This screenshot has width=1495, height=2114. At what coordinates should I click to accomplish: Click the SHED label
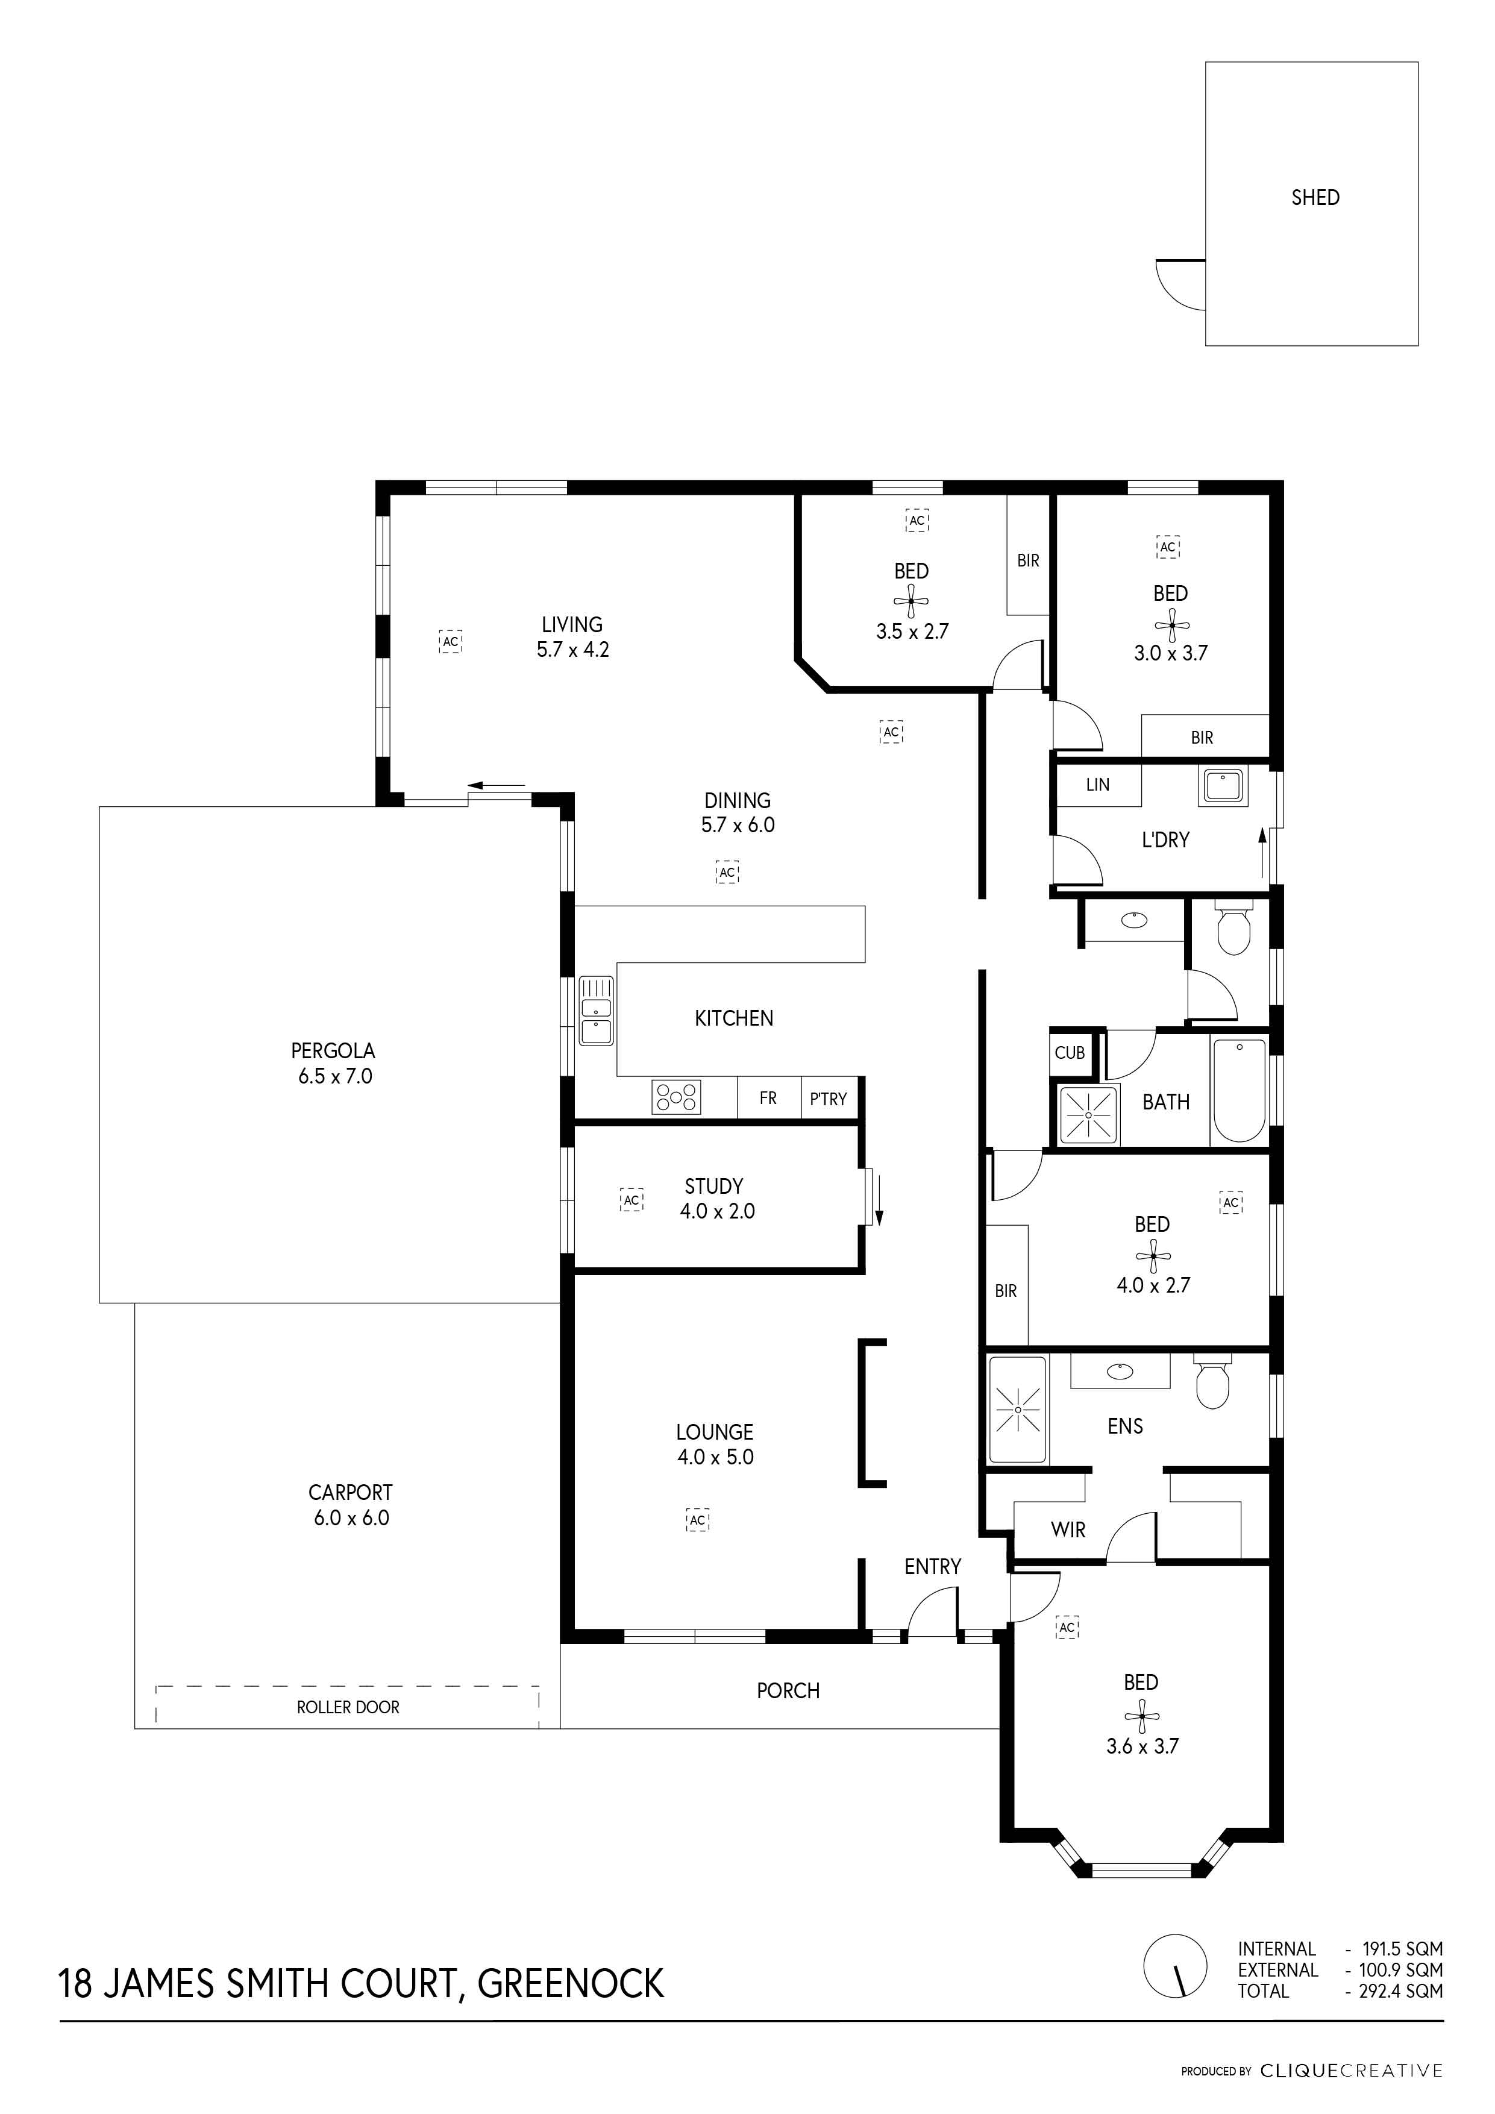[1315, 197]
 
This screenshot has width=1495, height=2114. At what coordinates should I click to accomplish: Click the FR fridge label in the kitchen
[768, 1097]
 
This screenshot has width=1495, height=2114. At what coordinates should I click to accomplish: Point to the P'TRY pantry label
[827, 1099]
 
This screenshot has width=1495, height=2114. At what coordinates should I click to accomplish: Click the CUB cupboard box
[1070, 1052]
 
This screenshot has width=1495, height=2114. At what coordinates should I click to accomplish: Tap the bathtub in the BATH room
[1239, 1091]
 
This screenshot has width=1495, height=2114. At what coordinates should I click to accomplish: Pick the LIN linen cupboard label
[1097, 785]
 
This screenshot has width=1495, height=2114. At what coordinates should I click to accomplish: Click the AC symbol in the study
[632, 1200]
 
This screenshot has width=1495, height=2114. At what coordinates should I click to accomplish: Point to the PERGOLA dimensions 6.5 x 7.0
[335, 1076]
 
